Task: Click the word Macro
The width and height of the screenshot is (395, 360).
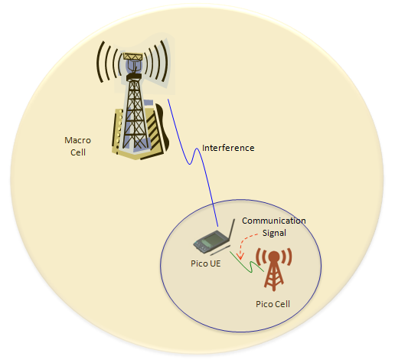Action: pos(77,140)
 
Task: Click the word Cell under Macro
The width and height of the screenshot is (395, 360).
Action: pos(78,152)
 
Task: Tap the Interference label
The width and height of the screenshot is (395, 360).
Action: pos(228,148)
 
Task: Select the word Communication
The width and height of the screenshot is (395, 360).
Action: pos(274,221)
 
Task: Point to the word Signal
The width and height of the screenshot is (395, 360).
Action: pos(274,233)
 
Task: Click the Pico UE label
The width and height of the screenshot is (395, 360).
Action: pos(206,263)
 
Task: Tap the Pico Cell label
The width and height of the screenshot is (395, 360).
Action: pos(273,304)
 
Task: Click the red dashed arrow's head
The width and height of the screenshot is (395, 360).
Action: pos(240,256)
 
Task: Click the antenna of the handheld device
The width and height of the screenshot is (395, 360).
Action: pos(231,230)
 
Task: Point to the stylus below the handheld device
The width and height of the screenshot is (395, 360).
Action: pos(220,250)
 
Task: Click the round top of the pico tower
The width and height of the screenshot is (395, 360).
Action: pos(273,256)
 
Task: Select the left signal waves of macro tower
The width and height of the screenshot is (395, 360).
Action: pos(107,62)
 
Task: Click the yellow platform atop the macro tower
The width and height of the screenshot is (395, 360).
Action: pos(132,57)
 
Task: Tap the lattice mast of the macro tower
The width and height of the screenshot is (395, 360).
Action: pos(135,113)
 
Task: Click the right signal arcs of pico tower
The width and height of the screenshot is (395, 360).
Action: pos(287,257)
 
